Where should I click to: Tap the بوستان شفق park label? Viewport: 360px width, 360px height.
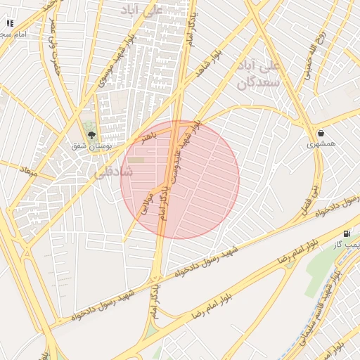[x=88, y=146]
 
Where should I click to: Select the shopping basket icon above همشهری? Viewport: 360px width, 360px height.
[x=321, y=133]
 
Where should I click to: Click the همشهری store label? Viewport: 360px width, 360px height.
[x=321, y=144]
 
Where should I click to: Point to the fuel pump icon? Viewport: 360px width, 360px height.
[x=347, y=233]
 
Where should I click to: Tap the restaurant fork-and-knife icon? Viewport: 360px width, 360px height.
[x=10, y=23]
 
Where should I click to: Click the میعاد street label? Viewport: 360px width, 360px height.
[x=28, y=171]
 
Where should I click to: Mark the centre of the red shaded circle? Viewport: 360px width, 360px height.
[x=180, y=180]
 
